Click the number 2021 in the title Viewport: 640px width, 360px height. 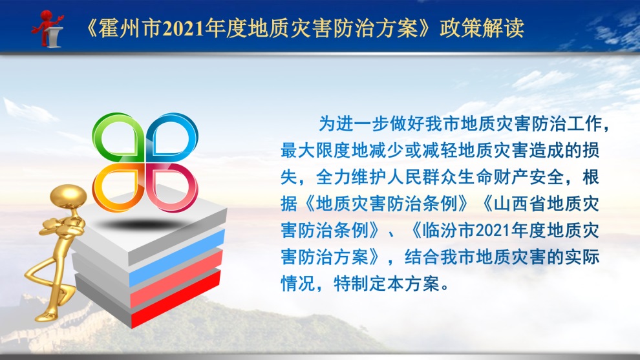[183, 28]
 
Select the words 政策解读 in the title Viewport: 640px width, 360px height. [482, 28]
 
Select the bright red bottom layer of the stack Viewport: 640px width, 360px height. [176, 299]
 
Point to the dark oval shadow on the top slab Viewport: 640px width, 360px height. [139, 224]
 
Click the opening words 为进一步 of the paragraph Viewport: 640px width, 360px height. [354, 123]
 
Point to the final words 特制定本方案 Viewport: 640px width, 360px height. [387, 284]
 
